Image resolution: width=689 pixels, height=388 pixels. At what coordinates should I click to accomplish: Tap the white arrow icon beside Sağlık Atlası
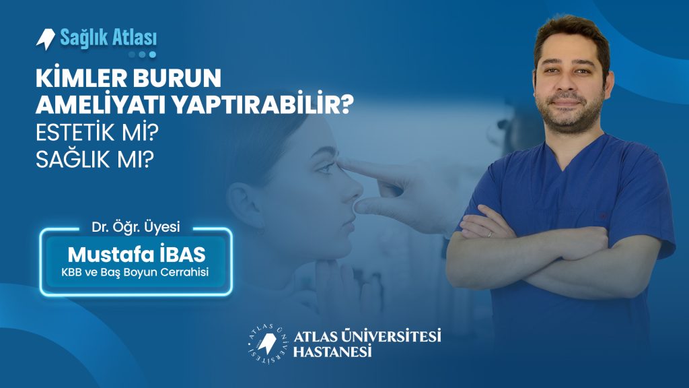46,39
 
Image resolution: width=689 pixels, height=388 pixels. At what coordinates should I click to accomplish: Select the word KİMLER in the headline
81,78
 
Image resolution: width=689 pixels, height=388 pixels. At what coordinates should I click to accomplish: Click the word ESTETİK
75,133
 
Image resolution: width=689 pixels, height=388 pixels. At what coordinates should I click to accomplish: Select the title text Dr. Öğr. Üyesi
136,227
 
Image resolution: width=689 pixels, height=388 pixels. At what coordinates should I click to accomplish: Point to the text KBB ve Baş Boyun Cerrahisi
135,272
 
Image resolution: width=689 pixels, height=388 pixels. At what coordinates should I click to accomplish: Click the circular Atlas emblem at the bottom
266,344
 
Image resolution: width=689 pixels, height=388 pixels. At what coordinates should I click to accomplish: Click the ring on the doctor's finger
490,234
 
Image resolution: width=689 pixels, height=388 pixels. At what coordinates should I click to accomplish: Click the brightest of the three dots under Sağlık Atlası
153,55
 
